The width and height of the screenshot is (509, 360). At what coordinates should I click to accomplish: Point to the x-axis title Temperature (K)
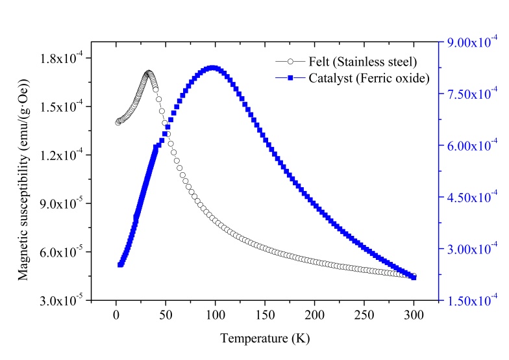click(x=258, y=339)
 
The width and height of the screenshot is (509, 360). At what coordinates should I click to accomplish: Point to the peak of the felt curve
click(x=149, y=73)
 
